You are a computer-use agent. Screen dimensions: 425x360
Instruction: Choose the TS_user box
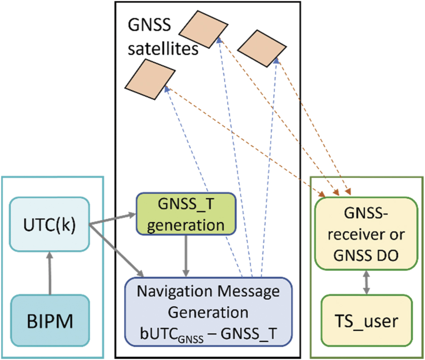tap(366, 321)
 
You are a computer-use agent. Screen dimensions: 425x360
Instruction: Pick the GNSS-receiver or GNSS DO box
tap(366, 233)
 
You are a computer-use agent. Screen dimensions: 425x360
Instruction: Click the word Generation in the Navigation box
tap(208, 311)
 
